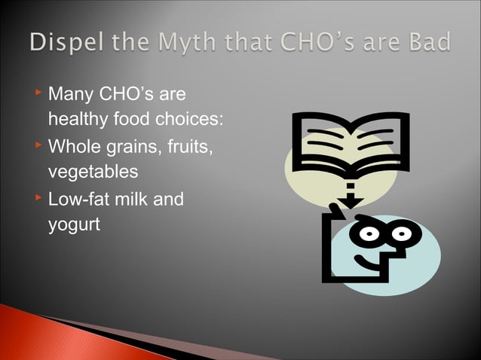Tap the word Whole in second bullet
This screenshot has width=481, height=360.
(x=74, y=146)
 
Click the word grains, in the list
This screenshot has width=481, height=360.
(x=136, y=146)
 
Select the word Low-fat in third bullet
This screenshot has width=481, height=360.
(x=78, y=199)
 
